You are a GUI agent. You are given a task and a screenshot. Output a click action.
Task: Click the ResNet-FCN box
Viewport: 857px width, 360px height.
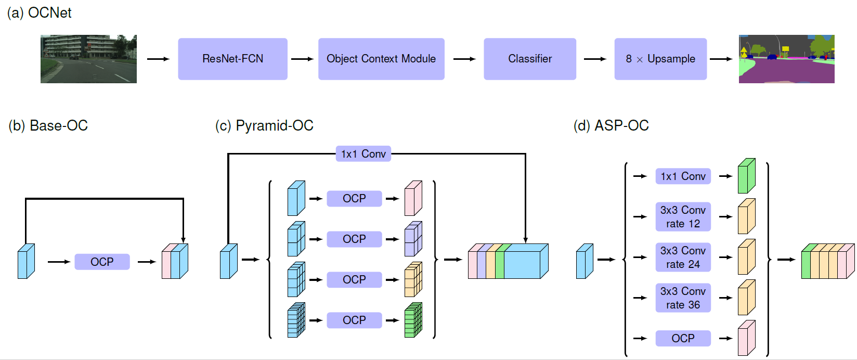coord(232,59)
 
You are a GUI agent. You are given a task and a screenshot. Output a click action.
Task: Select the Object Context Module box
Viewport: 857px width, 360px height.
coord(381,59)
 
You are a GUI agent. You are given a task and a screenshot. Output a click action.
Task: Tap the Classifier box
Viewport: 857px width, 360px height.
coord(530,59)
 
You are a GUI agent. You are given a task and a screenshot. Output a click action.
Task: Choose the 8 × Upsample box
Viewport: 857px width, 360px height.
coord(660,59)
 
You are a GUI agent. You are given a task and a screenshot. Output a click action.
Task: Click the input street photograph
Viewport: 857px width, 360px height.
coord(89,59)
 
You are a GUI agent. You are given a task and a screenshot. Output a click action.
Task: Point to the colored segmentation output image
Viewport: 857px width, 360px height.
coord(787,59)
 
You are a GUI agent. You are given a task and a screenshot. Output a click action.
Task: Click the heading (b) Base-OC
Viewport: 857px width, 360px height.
coord(48,125)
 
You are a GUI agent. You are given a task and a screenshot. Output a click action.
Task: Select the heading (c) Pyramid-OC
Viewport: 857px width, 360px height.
coord(264,125)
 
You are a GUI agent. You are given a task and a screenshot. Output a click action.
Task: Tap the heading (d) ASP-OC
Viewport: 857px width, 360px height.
coord(611,125)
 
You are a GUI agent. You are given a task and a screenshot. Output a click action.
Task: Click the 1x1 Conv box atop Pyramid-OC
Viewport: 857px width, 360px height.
coord(363,154)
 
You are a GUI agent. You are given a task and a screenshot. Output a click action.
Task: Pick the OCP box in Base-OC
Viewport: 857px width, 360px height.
coord(102,262)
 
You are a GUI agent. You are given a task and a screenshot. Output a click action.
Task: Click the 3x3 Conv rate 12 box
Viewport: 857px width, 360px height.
coord(683,216)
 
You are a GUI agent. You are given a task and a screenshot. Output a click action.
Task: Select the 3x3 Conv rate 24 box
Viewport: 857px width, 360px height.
coord(683,257)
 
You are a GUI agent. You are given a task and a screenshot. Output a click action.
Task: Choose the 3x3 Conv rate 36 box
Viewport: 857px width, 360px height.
coord(683,298)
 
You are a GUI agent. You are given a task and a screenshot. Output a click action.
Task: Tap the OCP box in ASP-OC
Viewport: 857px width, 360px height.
coord(683,338)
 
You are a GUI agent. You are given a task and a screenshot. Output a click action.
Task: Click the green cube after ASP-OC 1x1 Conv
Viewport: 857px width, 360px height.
coord(746,176)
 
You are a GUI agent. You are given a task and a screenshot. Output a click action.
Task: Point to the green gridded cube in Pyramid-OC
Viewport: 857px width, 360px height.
coord(413,320)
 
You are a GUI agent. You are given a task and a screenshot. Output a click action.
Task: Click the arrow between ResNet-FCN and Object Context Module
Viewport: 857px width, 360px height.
coord(302,59)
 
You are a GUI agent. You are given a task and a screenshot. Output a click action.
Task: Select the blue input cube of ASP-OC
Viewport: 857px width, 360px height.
coord(585,261)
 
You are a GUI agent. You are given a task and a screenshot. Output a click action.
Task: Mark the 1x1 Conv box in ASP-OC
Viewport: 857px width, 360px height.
coord(683,176)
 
